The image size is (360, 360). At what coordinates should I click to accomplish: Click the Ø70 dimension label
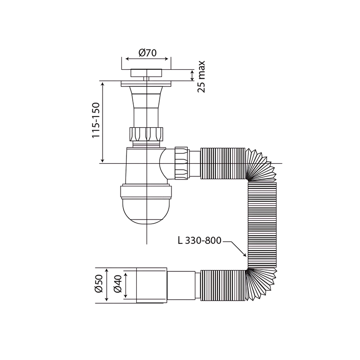pyautogui.click(x=147, y=53)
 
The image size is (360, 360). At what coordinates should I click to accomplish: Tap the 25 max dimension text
pyautogui.click(x=201, y=76)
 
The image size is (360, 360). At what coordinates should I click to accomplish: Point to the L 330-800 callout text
pyautogui.click(x=199, y=241)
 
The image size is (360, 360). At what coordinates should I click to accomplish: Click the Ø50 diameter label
pyautogui.click(x=99, y=285)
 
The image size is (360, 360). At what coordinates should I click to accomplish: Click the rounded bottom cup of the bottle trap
pyautogui.click(x=147, y=211)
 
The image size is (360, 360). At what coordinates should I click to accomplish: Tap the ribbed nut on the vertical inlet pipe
pyautogui.click(x=147, y=134)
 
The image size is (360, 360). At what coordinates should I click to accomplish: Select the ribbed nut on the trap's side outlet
pyautogui.click(x=181, y=162)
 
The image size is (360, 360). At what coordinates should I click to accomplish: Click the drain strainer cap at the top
pyautogui.click(x=147, y=72)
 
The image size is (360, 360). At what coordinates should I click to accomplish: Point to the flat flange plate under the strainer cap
pyautogui.click(x=147, y=83)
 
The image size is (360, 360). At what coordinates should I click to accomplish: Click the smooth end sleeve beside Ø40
pyautogui.click(x=152, y=285)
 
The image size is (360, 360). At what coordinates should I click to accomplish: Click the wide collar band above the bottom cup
pyautogui.click(x=147, y=192)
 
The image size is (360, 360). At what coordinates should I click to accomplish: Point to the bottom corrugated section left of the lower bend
pyautogui.click(x=222, y=285)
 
